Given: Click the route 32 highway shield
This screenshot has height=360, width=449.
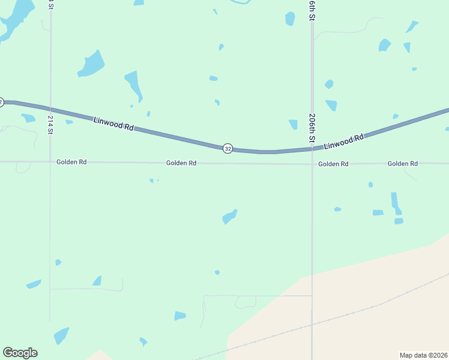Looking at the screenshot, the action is tap(228, 148).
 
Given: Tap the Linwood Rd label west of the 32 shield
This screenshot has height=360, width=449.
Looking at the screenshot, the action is tap(113, 124).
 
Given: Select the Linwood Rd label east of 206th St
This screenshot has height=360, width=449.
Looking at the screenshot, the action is tap(344, 142).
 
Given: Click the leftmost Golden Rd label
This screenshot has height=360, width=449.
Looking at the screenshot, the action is tap(72, 162).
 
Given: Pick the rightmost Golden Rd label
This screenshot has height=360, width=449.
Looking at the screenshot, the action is tap(402, 163).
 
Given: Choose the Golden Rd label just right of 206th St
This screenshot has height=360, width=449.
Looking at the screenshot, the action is tap(333, 164).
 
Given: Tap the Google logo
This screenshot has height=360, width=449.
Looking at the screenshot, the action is tap(20, 353).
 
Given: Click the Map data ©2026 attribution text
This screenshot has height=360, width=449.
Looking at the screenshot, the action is tap(423, 355).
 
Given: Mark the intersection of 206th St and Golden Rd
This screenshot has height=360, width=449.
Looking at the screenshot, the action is tap(312, 163).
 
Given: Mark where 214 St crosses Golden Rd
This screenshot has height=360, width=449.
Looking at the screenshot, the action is tap(50, 161).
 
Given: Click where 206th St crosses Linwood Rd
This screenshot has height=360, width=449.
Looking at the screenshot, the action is tap(312, 148).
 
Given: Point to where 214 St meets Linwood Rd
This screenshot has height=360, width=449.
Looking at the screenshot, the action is tap(50, 109).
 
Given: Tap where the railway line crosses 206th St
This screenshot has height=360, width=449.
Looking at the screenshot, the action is tap(312, 325).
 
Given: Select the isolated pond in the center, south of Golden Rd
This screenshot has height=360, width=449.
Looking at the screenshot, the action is tap(229, 217).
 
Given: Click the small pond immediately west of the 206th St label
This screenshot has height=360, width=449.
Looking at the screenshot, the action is tap(294, 124).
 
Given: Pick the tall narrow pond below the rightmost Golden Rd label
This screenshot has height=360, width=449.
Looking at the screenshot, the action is tap(395, 203).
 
